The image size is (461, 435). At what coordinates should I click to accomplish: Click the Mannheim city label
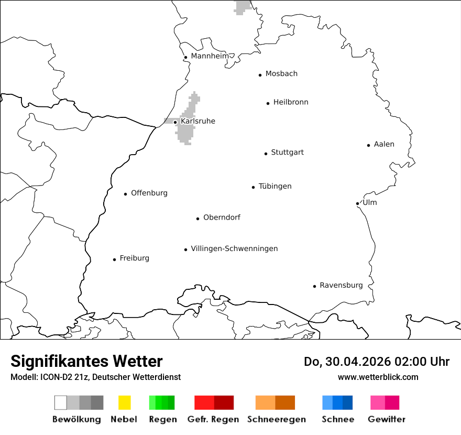(x=210, y=56)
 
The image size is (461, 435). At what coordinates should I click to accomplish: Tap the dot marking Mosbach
(x=260, y=75)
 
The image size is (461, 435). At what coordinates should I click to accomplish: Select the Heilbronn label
(x=291, y=102)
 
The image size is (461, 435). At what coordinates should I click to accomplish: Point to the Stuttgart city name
(x=287, y=153)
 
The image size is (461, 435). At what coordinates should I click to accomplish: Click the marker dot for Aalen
(x=368, y=145)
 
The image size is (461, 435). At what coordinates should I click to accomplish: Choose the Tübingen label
(x=275, y=186)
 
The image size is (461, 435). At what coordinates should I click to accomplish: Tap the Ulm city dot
(x=357, y=203)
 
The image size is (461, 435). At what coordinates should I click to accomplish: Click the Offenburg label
(x=149, y=193)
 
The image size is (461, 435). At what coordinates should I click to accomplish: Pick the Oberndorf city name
(x=222, y=217)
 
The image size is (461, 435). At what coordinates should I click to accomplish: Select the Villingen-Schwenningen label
(x=234, y=248)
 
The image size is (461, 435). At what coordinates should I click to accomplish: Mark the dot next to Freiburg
(x=114, y=259)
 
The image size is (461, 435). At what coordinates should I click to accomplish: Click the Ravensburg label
(x=341, y=285)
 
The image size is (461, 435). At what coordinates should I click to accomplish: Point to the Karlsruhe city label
(x=198, y=121)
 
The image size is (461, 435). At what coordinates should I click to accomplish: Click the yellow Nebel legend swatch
(x=124, y=403)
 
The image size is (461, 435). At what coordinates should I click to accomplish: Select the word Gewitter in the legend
(x=387, y=419)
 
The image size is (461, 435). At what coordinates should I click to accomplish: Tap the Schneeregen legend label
(x=276, y=419)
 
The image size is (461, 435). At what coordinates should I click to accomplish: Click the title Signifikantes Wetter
(x=86, y=361)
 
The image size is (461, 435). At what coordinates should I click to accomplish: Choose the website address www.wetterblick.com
(x=378, y=377)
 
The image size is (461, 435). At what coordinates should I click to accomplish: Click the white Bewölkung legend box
(x=61, y=403)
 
